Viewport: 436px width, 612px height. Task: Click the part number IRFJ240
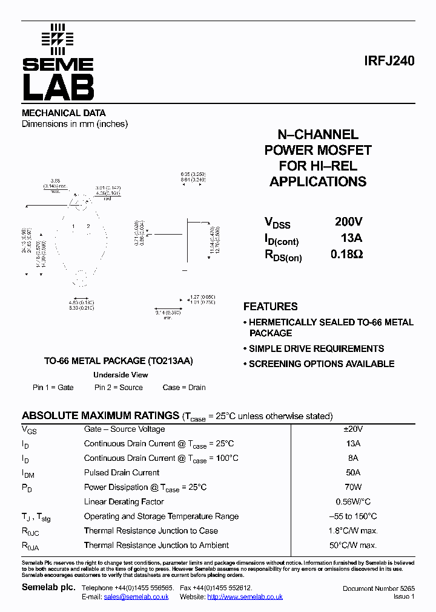390,61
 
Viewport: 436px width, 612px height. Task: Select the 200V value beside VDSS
348,222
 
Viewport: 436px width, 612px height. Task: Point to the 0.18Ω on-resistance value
346,255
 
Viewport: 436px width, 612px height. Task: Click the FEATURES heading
270,307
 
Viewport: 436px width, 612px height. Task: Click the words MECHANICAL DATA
64,113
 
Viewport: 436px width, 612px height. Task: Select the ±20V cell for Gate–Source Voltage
352,429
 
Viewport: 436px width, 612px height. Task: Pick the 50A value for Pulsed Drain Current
352,472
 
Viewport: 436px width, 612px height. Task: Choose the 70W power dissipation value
352,487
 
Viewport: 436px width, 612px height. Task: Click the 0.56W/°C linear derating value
353,501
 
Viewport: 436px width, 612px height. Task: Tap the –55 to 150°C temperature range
352,516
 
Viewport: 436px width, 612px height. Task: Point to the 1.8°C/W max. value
353,530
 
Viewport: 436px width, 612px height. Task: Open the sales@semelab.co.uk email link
136,596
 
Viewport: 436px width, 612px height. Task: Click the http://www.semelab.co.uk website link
245,596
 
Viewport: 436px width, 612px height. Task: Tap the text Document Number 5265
378,588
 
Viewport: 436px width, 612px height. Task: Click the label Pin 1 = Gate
53,388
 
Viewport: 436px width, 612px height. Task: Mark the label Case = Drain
184,388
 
